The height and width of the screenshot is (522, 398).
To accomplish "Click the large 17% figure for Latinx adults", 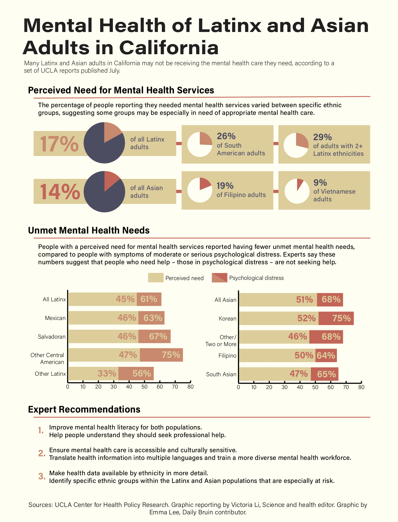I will coord(59,144).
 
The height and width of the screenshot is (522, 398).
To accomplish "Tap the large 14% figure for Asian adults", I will coord(60,192).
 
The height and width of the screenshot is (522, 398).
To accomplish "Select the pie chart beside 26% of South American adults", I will coord(200,145).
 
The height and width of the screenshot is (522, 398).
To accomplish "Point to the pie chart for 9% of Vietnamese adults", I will coord(297,191).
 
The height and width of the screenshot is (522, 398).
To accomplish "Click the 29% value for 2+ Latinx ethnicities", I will coord(322,137).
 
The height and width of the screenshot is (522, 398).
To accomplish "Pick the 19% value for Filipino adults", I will coord(225,185).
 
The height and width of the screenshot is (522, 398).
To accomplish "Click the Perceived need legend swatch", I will coord(156,278).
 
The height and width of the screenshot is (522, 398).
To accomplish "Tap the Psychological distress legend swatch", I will coord(219,278).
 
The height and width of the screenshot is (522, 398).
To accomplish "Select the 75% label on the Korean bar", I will coord(341,318).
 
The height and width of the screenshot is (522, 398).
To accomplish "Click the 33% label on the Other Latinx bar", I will coord(107,373).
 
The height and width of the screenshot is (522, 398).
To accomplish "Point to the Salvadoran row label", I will coord(52,337).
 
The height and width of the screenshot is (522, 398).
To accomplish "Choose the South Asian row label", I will coord(221,374).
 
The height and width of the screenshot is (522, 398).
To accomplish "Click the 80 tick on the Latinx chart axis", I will coord(190,387).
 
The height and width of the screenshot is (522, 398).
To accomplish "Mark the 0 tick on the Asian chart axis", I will coord(238,387).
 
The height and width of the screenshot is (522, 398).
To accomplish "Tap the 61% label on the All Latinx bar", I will coord(149,299).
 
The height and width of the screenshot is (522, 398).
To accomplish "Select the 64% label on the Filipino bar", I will coord(326,355).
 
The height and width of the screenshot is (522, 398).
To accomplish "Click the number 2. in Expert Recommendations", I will coord(41,453).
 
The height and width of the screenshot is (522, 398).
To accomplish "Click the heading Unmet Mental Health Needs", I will coord(89,230).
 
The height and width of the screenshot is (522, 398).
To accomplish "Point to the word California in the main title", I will coord(169,48).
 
